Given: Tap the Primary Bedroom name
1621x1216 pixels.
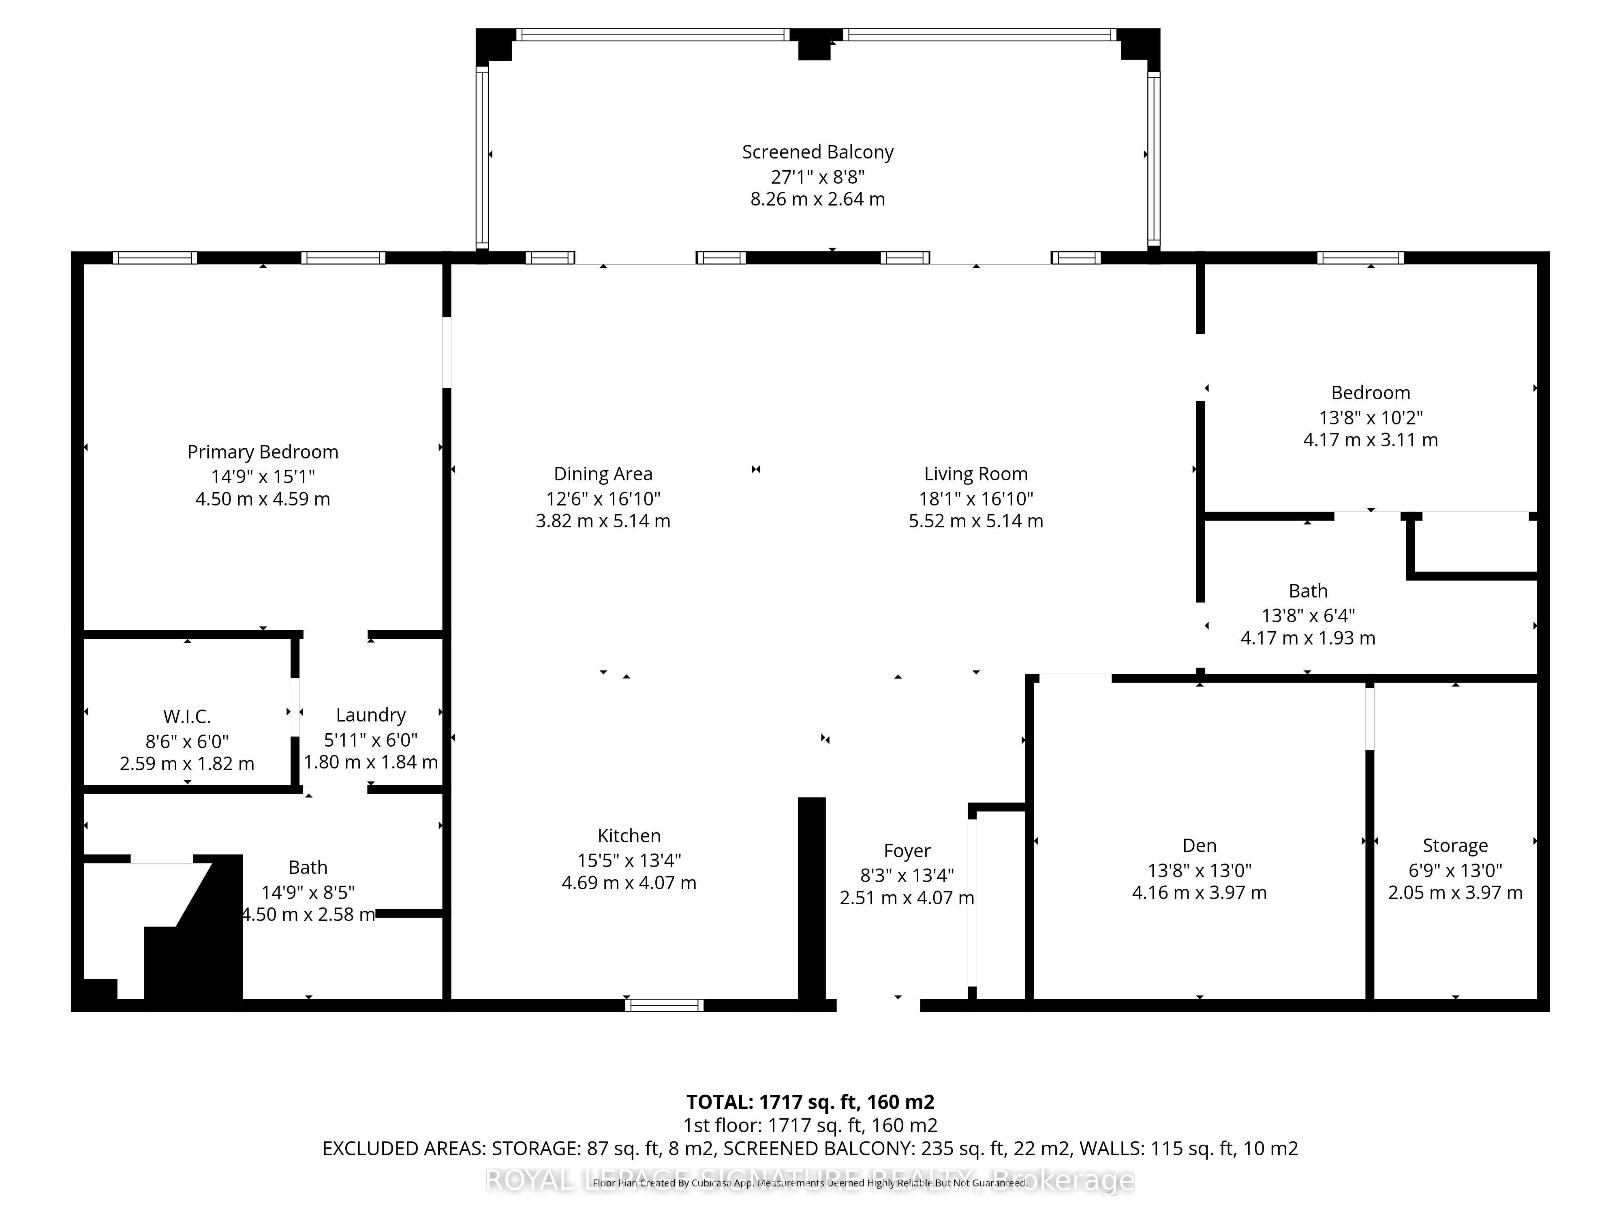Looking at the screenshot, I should (x=262, y=452).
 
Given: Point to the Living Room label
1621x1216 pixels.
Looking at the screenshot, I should (x=975, y=474).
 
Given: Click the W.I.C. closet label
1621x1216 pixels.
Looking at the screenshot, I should (x=187, y=716).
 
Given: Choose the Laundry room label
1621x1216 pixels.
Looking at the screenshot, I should (x=371, y=715).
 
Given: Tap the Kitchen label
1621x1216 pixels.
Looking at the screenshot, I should (x=629, y=835).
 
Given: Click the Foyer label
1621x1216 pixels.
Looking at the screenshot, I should (x=907, y=851).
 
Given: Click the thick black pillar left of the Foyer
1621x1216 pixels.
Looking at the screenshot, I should (x=811, y=901).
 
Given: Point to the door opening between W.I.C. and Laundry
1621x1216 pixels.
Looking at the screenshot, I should (x=295, y=707).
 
